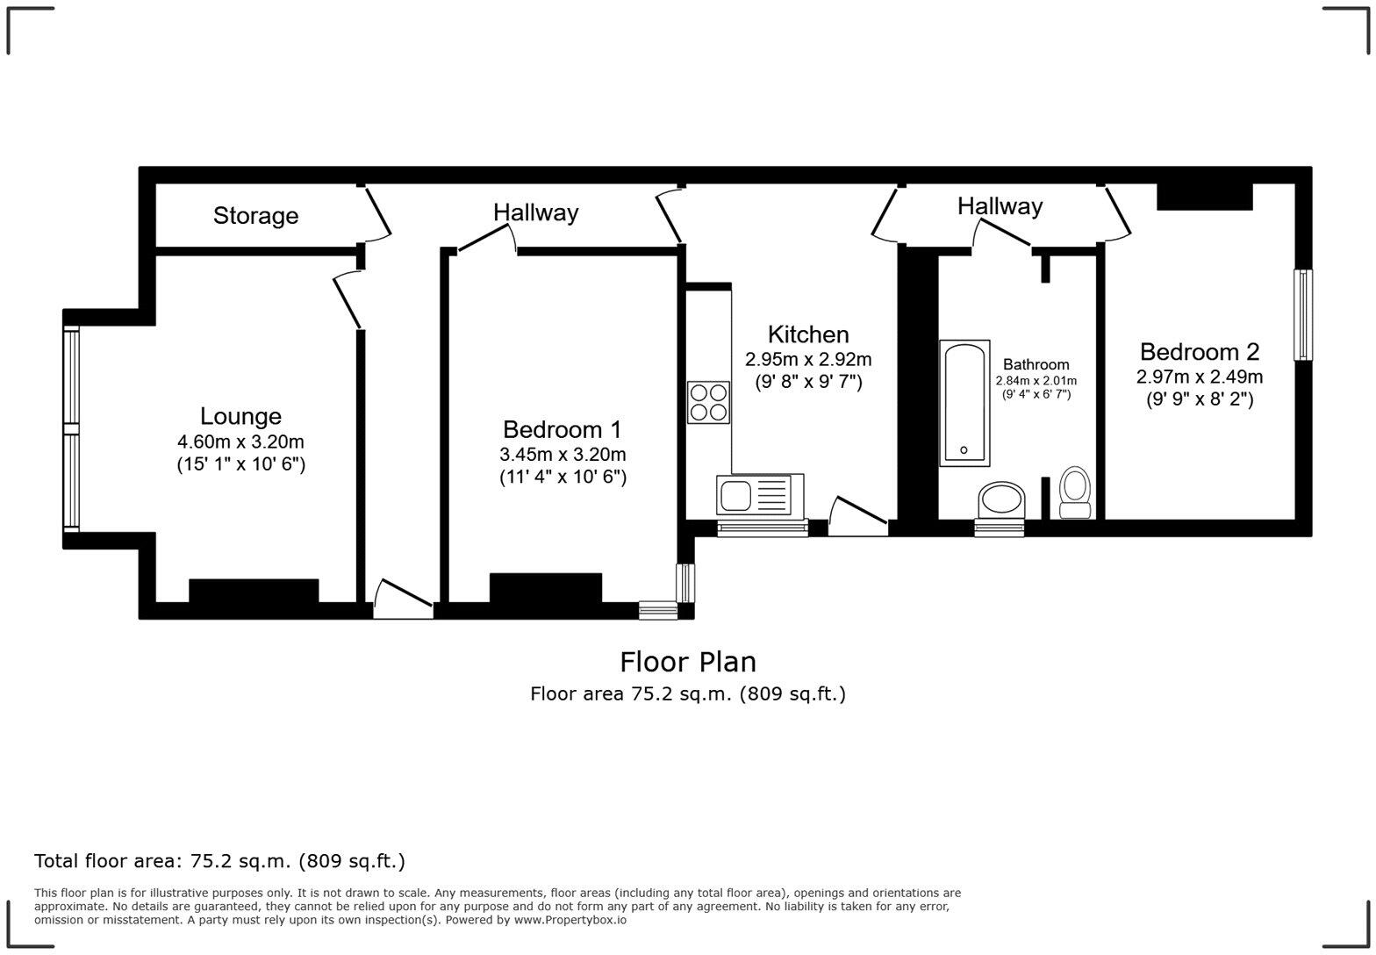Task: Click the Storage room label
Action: (255, 216)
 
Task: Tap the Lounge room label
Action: (240, 416)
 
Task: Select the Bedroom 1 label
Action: (562, 429)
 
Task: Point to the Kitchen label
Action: (808, 334)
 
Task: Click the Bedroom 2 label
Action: (1199, 352)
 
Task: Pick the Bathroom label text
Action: (1036, 364)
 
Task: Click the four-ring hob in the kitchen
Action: (708, 402)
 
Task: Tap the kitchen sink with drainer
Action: (760, 495)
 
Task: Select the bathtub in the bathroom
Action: (964, 403)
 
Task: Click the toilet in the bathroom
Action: (1075, 492)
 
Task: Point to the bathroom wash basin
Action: (1000, 500)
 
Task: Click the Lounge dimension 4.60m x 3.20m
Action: (240, 442)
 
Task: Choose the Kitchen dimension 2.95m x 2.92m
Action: (808, 359)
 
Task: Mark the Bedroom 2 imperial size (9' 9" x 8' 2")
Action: (1199, 399)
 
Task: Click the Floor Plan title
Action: (688, 662)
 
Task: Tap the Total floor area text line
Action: (219, 861)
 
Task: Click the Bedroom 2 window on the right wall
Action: (1303, 314)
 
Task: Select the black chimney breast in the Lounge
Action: (254, 590)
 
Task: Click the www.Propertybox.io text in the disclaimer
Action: (570, 920)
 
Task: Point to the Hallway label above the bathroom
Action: (1000, 206)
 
